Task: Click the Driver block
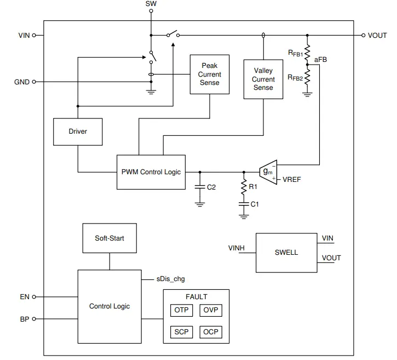click(78, 132)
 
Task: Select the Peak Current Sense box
click(209, 75)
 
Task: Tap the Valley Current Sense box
click(263, 79)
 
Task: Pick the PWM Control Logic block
click(151, 172)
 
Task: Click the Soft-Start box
click(109, 238)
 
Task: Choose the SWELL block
click(286, 253)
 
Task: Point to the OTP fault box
click(181, 310)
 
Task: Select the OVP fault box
click(211, 310)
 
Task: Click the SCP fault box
click(181, 332)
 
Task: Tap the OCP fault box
click(211, 332)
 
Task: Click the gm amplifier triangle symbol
click(268, 172)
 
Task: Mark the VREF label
click(292, 179)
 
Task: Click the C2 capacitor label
click(211, 187)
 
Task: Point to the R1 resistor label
click(253, 187)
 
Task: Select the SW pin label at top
click(150, 4)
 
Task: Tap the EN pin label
click(25, 297)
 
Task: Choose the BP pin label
click(25, 318)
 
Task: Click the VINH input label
click(237, 248)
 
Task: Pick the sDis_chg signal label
click(171, 279)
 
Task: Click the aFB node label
click(320, 59)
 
